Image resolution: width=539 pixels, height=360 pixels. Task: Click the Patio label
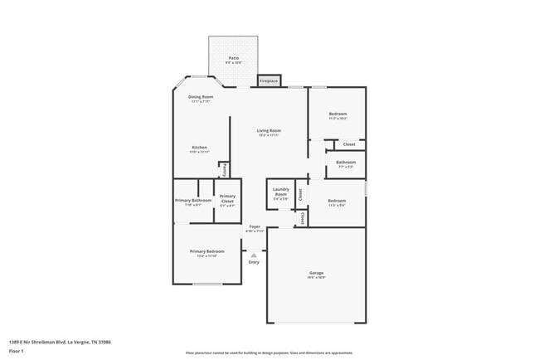pos(234,58)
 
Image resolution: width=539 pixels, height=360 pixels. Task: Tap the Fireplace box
pos(269,81)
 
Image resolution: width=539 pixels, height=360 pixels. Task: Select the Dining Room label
pos(201,98)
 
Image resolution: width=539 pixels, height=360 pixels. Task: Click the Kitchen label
pos(199,148)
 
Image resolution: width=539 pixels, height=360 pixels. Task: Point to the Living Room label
pos(268,131)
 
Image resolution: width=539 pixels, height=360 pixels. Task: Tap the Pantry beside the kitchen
pos(223,169)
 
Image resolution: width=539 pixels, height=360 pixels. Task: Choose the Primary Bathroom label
pos(192,201)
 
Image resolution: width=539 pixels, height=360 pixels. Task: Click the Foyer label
pos(255,227)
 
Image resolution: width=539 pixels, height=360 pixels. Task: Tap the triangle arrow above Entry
pos(254,255)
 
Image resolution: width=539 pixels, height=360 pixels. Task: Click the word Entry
pos(254,262)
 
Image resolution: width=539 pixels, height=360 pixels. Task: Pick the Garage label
pos(316,273)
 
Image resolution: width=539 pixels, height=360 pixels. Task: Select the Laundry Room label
pos(280,194)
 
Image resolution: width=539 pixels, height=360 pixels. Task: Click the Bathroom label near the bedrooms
pos(346,163)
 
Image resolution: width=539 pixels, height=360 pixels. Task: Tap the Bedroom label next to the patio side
pos(337,114)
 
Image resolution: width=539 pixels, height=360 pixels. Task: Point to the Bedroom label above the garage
pos(336,202)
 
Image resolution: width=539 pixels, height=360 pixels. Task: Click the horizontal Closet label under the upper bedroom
pos(349,144)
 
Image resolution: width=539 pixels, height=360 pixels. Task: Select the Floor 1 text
pos(16,351)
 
